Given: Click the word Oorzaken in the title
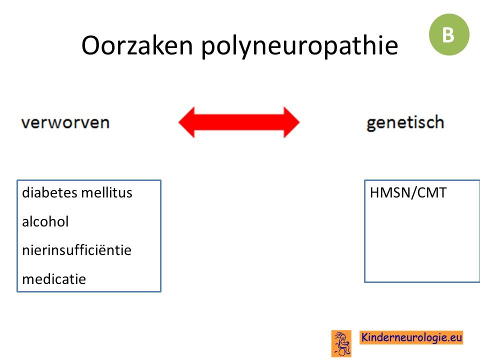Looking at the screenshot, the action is tap(137, 45).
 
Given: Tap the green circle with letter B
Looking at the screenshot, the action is tap(449, 34).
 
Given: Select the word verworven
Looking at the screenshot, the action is tap(65, 122).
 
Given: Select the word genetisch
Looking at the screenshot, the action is tap(405, 123).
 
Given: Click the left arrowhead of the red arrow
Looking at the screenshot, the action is tap(186, 122).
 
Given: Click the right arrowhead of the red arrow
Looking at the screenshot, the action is tap(291, 122).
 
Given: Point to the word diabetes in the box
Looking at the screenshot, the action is tap(49, 192).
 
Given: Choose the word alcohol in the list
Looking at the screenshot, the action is tap(45, 221).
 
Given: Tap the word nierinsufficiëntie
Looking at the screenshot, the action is tap(77, 250).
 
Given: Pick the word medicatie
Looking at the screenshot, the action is tap(54, 279).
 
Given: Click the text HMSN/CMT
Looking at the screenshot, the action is tap(408, 192).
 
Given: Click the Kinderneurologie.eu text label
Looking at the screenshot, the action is tap(411, 337).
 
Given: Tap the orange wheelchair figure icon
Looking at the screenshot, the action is tap(341, 343).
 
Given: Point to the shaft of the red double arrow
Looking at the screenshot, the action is tap(239, 122).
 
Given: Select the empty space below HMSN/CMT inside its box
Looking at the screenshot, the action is tap(422, 242).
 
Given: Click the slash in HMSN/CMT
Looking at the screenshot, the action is tap(412, 193).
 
